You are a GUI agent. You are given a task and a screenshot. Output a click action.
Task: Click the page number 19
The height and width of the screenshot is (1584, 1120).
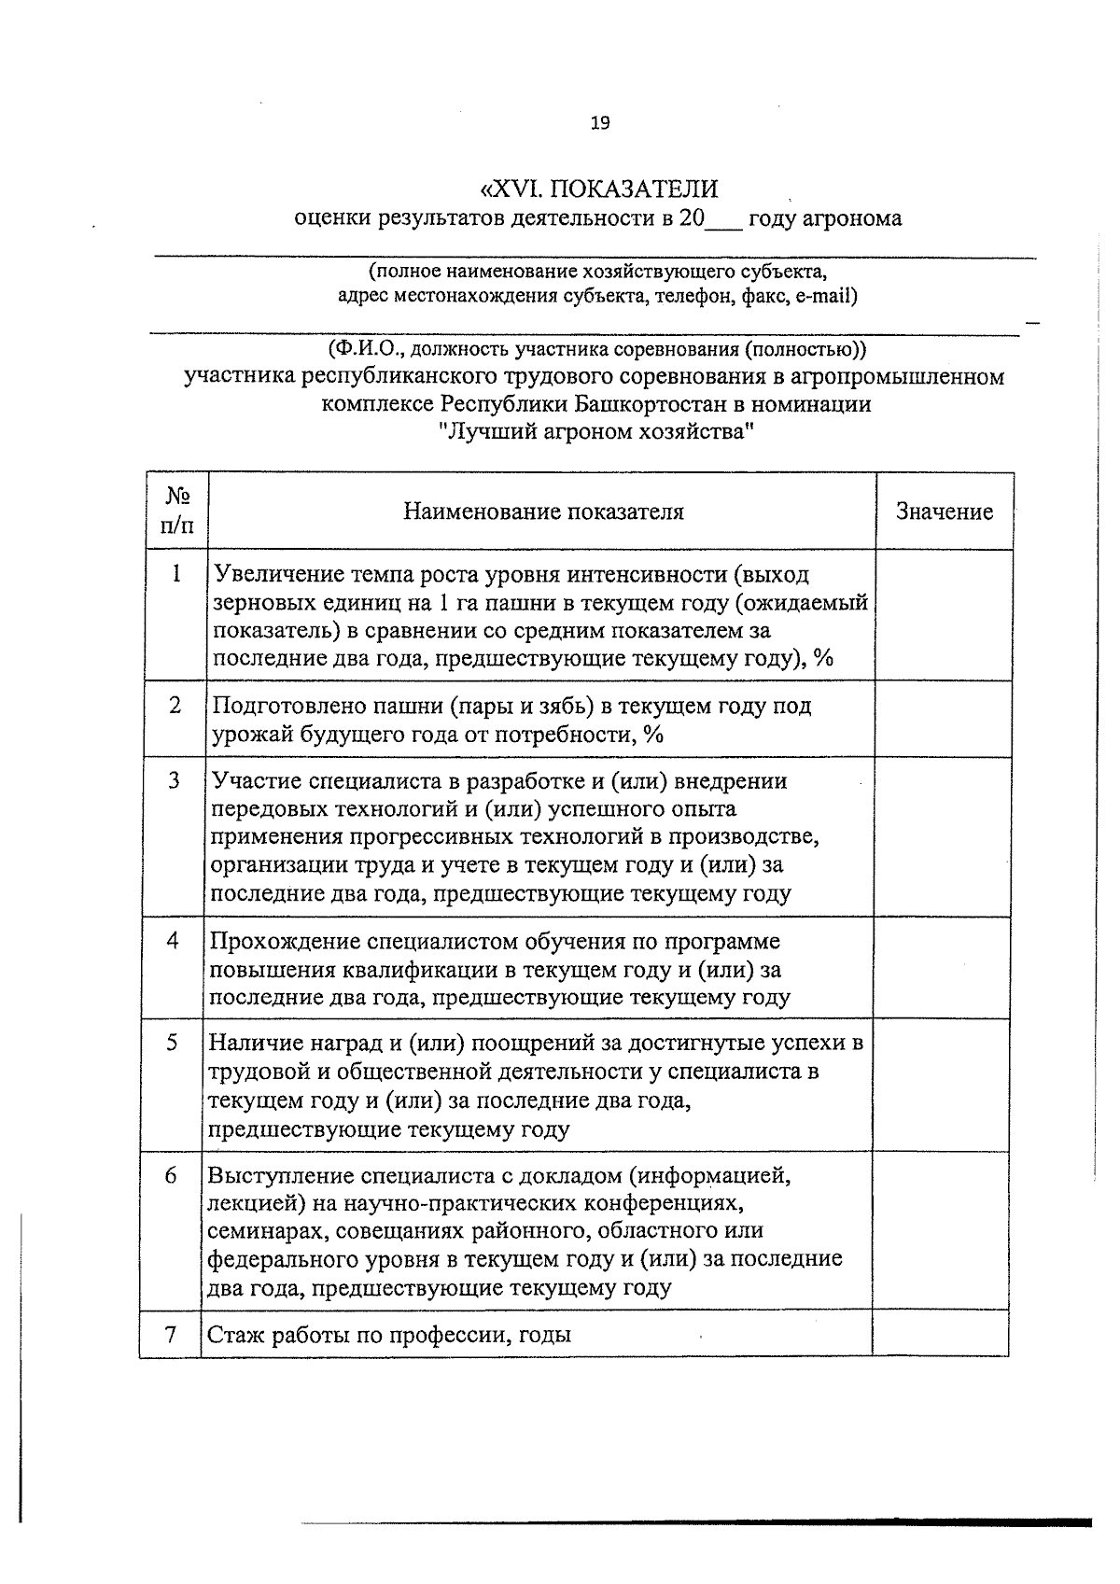tap(599, 123)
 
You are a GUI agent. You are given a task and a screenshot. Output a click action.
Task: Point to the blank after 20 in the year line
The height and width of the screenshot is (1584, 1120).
tap(724, 220)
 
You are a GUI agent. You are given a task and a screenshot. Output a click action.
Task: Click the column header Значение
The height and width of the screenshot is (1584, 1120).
tap(944, 512)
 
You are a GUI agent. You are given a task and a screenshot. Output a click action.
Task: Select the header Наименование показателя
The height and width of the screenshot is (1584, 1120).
tap(543, 512)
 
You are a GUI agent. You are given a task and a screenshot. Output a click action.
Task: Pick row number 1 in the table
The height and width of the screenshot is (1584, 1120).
tap(175, 573)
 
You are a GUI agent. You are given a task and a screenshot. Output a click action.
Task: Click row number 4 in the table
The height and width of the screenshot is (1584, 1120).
tap(174, 940)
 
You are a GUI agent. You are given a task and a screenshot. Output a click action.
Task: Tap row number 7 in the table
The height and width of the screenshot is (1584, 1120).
tap(171, 1334)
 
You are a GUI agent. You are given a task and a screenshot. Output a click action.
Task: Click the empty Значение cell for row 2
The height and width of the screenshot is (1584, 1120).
tap(944, 719)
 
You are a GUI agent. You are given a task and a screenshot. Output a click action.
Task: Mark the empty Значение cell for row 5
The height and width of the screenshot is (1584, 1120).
tap(941, 1085)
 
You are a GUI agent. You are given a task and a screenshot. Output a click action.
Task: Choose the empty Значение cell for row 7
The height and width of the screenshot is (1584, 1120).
tap(940, 1334)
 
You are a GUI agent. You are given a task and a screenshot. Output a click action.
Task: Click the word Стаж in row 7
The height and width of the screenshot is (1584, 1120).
tap(234, 1335)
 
